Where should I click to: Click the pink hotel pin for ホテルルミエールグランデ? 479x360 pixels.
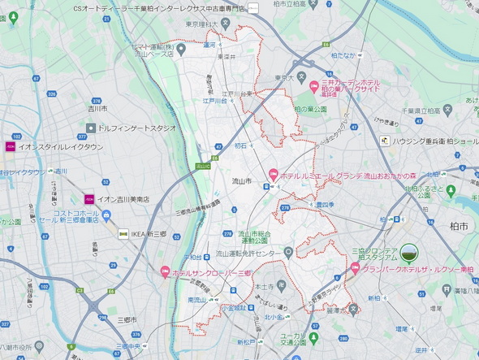click(x=274, y=172)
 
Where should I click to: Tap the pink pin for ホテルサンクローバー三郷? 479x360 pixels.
click(x=166, y=272)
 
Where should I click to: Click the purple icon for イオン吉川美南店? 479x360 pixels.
click(x=89, y=199)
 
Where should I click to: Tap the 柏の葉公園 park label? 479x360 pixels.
click(x=309, y=108)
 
